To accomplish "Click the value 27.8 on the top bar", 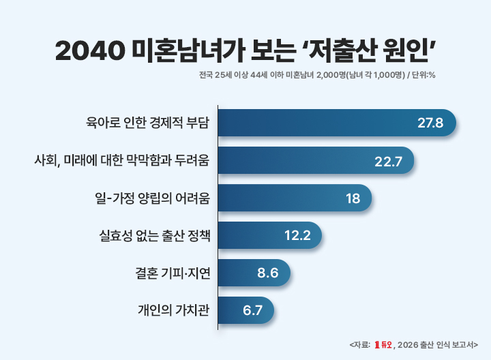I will (x=430, y=123).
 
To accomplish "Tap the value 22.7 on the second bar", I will (x=389, y=161).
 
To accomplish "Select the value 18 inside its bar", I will (x=353, y=198).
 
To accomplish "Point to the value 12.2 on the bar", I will (x=297, y=236).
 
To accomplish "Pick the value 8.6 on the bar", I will (x=268, y=273).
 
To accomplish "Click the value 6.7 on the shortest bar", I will (x=252, y=311).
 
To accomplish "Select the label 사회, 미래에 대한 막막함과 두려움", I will (x=121, y=161).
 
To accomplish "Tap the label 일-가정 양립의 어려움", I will (x=152, y=198).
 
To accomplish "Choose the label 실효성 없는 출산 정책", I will (x=155, y=236).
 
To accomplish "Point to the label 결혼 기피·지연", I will (x=173, y=273).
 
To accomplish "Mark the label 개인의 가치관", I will (x=173, y=311).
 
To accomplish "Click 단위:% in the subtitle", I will (x=422, y=74).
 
